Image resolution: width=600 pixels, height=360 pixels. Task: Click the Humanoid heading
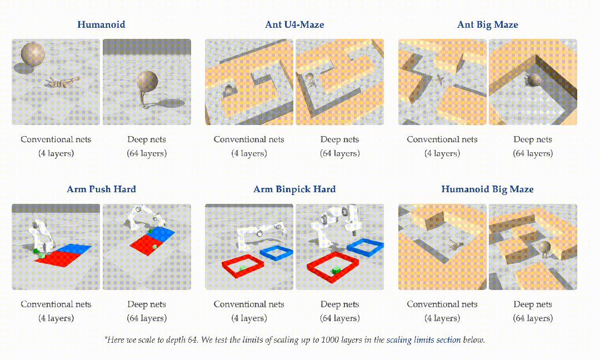tap(101, 24)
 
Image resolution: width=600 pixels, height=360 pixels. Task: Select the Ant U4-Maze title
tap(294, 24)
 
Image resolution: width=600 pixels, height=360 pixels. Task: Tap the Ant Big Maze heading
tap(488, 25)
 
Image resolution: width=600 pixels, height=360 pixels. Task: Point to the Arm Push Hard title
tap(102, 189)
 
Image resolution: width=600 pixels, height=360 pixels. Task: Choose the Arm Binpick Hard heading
tap(294, 189)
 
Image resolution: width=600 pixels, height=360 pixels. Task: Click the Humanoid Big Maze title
tap(488, 189)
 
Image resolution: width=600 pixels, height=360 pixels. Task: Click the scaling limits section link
tap(423, 340)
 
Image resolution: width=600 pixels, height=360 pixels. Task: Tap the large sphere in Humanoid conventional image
tap(33, 53)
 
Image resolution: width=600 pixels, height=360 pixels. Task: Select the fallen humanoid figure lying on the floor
tap(62, 82)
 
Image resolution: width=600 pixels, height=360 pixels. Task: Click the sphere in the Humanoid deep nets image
tap(147, 82)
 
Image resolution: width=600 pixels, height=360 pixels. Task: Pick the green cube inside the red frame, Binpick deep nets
tap(336, 271)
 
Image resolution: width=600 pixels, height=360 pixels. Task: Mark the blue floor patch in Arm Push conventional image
tap(78, 249)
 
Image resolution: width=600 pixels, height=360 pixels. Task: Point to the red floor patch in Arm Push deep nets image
tap(146, 244)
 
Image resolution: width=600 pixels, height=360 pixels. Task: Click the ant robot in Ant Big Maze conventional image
tap(440, 81)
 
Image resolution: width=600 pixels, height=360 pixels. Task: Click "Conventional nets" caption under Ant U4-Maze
tap(249, 139)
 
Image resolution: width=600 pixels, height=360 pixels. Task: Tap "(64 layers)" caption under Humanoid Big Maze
tap(533, 318)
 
